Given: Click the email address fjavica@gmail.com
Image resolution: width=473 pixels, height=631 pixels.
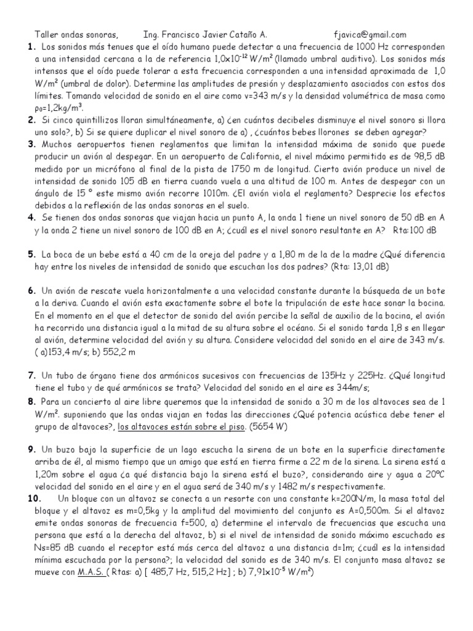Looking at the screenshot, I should (x=368, y=35).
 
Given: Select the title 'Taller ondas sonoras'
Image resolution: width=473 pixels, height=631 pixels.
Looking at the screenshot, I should (x=74, y=35).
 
